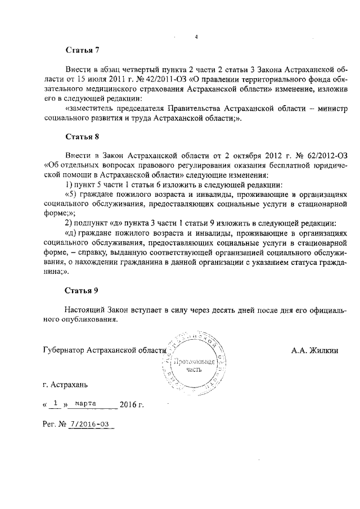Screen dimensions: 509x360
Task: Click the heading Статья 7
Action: (82, 51)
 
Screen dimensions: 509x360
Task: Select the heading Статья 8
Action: (82, 136)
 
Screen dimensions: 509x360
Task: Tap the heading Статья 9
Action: (82, 290)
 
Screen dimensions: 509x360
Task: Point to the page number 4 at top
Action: (196, 37)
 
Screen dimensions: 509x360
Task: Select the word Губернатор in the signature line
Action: (66, 350)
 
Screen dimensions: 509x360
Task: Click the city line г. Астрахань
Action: (65, 385)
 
